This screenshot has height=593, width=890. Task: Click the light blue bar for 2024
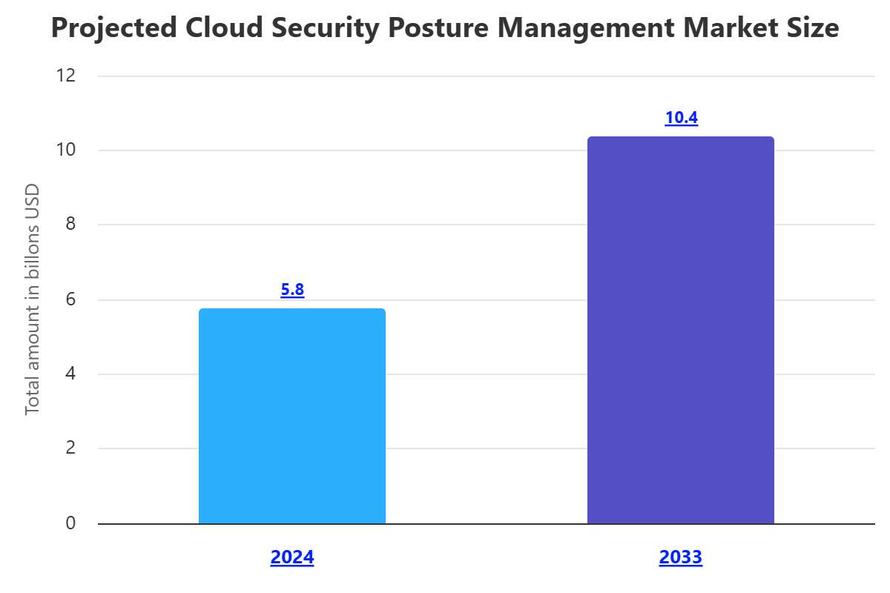(x=292, y=416)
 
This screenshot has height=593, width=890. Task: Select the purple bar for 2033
(x=680, y=330)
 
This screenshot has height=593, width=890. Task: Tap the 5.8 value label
(x=292, y=290)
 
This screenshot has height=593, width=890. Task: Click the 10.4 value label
(x=681, y=118)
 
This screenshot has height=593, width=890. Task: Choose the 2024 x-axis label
(x=292, y=557)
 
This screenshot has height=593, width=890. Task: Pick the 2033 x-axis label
(x=680, y=557)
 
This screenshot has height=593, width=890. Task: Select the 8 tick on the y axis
(x=70, y=225)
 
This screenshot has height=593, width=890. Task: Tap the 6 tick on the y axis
(x=70, y=300)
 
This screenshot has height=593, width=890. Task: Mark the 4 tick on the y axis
(x=70, y=374)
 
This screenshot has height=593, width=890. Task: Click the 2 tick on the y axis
(x=70, y=448)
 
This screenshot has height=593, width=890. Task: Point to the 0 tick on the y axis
(x=70, y=523)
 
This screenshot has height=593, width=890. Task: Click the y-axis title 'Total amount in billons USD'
(x=32, y=299)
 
